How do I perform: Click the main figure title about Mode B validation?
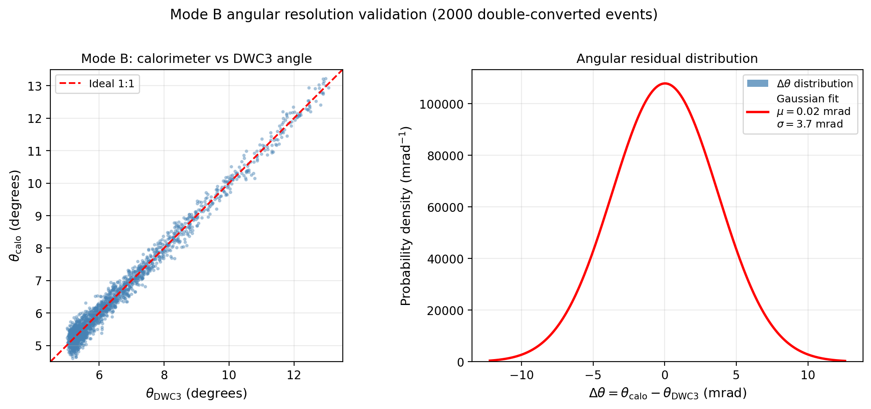413,15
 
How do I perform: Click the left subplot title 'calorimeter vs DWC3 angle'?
196,59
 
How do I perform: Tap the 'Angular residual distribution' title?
667,59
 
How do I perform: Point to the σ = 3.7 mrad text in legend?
809,124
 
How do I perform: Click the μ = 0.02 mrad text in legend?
813,112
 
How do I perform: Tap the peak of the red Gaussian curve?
665,83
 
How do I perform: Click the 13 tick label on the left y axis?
35,86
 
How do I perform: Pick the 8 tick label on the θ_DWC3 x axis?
164,375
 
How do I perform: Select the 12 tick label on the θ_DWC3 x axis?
294,375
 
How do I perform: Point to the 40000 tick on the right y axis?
444,259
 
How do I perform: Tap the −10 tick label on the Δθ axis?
521,375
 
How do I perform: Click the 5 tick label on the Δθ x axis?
736,375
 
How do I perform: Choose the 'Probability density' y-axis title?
405,216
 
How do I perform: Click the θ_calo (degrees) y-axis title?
15,216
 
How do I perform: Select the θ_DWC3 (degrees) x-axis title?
196,393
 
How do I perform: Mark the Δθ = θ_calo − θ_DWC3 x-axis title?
667,393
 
